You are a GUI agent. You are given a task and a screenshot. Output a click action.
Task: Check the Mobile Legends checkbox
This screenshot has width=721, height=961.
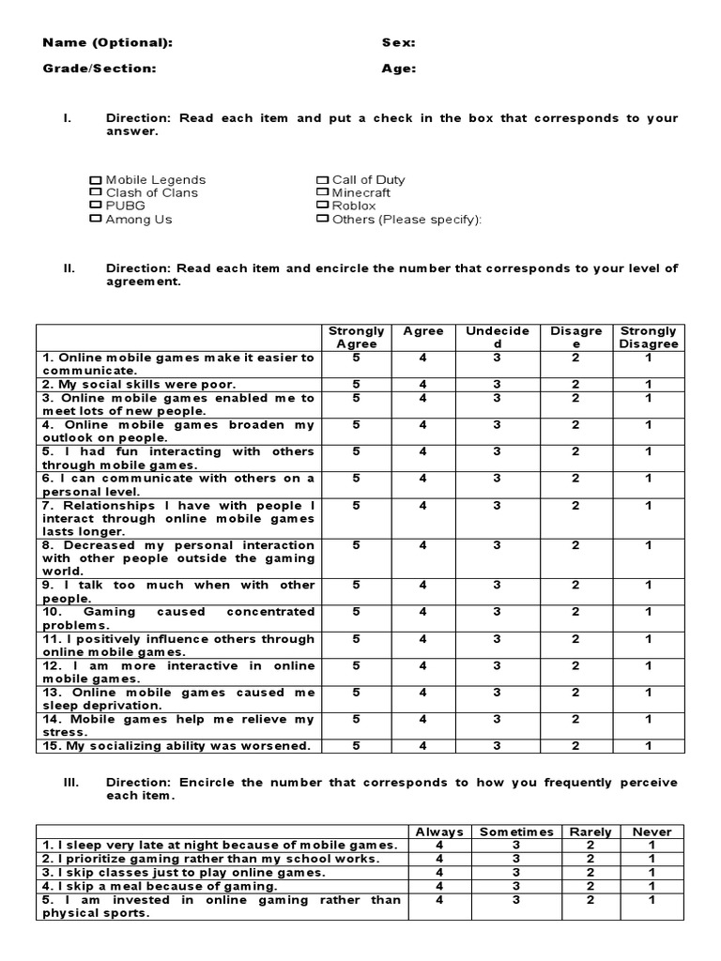[95, 180]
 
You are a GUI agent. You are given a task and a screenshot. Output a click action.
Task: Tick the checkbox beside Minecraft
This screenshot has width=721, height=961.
[322, 193]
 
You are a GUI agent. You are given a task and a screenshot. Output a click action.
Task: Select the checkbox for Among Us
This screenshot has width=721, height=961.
[95, 220]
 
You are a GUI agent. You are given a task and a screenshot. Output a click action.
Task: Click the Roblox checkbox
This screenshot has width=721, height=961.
[322, 206]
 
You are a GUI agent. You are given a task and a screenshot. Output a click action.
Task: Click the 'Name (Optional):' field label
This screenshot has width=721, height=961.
[108, 42]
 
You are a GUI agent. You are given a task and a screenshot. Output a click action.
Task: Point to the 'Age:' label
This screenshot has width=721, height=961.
[399, 69]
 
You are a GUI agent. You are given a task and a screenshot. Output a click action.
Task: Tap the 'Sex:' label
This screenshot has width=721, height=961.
[399, 42]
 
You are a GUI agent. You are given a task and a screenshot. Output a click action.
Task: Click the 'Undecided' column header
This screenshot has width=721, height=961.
[498, 337]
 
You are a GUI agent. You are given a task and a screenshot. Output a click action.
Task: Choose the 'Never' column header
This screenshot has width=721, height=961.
[652, 831]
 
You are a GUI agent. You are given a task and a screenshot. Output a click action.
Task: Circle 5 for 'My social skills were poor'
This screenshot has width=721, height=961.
[357, 385]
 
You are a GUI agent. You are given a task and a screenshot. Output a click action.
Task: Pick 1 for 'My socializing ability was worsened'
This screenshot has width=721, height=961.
[648, 746]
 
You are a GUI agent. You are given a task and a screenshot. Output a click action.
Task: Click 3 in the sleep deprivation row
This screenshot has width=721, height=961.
[498, 693]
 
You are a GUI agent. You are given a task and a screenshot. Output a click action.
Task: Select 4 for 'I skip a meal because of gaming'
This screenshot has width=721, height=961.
[439, 886]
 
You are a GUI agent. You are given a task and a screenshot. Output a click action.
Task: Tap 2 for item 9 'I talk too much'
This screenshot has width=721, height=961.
[575, 585]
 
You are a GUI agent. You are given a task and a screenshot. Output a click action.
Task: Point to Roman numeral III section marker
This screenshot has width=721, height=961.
[71, 783]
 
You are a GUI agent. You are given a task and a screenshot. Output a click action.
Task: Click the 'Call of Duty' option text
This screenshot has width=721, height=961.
[369, 180]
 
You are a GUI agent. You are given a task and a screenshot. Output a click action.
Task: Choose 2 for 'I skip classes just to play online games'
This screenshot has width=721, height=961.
[591, 872]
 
